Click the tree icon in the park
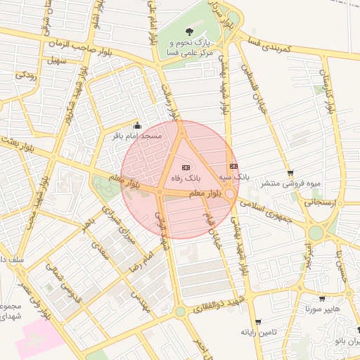(189, 31)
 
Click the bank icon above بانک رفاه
(186, 167)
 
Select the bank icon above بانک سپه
(233, 166)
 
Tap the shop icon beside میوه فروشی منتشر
(290, 174)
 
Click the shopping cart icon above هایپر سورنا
(322, 298)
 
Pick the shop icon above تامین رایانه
(259, 321)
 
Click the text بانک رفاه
(186, 179)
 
